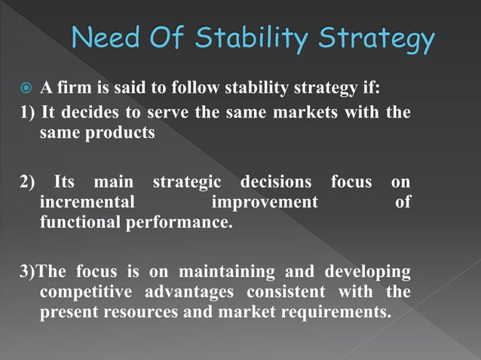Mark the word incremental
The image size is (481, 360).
point(87,203)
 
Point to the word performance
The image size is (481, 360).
point(172,223)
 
